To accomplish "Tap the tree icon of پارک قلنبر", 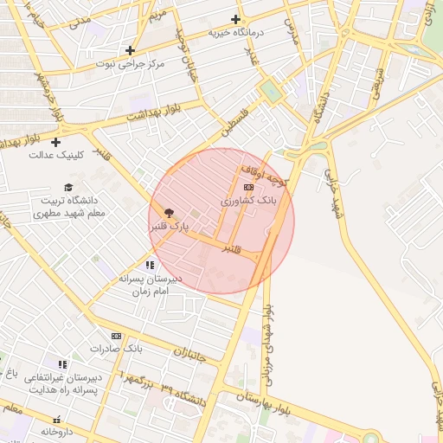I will (169, 212).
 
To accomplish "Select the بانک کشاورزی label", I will (248, 201).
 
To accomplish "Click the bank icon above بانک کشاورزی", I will (249, 187).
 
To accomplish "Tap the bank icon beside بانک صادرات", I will (116, 336).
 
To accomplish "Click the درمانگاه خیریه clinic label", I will (236, 33).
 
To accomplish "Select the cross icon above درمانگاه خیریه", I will (235, 19).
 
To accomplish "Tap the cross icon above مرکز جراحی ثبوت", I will (130, 50).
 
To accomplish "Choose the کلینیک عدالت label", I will (55, 156).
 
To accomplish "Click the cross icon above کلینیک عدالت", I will (56, 142).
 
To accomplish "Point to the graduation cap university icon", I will (68, 187).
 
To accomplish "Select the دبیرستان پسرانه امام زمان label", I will (151, 286).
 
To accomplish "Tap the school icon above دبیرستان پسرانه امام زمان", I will (151, 265).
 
